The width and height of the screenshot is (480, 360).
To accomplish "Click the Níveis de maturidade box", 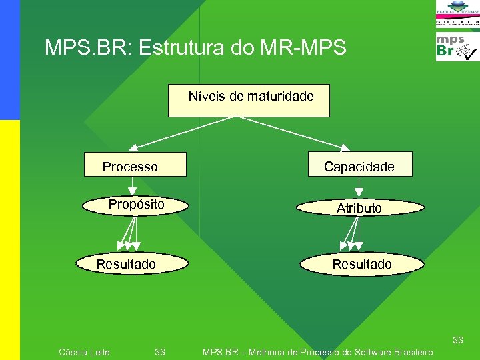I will pyautogui.click(x=249, y=101).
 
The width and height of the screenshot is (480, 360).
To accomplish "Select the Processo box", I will pyautogui.click(x=135, y=165).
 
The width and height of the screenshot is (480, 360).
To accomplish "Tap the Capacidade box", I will pyautogui.click(x=360, y=164).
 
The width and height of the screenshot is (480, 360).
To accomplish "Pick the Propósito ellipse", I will pyautogui.click(x=136, y=205).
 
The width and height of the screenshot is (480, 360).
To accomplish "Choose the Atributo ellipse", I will pyautogui.click(x=360, y=207).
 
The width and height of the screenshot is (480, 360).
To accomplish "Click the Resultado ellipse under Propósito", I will pyautogui.click(x=127, y=264).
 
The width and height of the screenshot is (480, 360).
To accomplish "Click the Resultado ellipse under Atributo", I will pyautogui.click(x=362, y=264).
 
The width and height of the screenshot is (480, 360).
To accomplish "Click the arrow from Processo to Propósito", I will pyautogui.click(x=134, y=185).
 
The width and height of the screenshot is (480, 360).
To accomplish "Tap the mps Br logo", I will pyautogui.click(x=457, y=47).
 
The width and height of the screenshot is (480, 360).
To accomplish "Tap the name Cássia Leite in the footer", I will pyautogui.click(x=85, y=351).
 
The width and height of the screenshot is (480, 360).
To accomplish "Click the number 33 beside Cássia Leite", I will pyautogui.click(x=160, y=351).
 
